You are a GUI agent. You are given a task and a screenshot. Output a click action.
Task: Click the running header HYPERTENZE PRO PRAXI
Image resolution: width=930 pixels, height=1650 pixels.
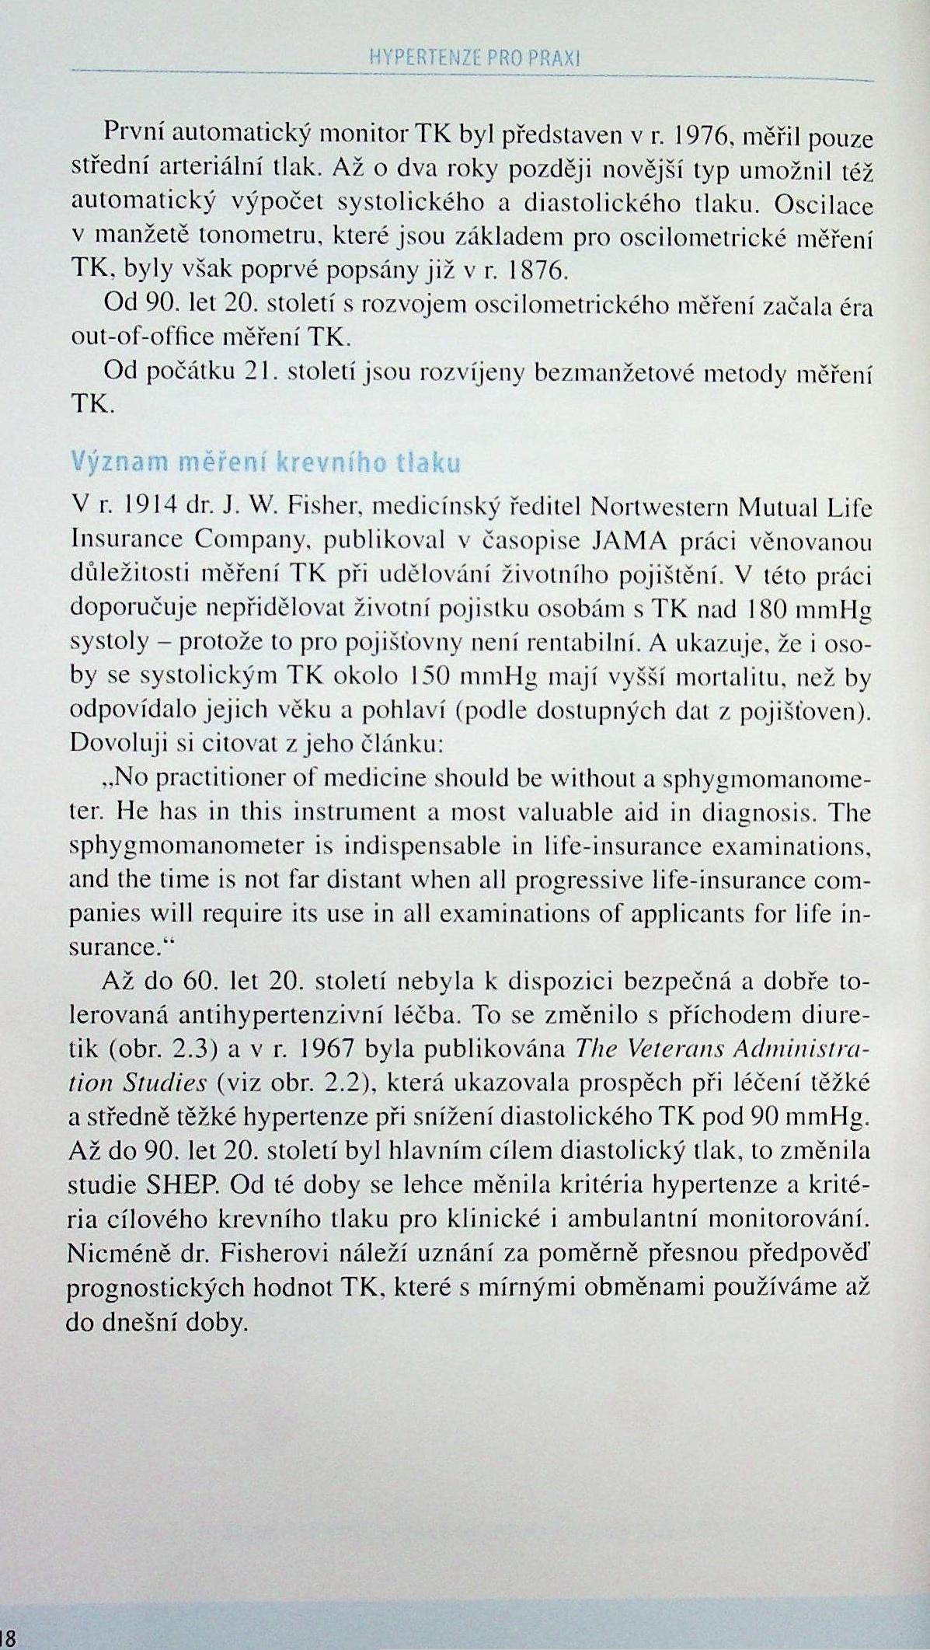476,58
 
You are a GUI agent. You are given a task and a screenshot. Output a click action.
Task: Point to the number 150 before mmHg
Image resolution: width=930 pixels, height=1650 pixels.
426,676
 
